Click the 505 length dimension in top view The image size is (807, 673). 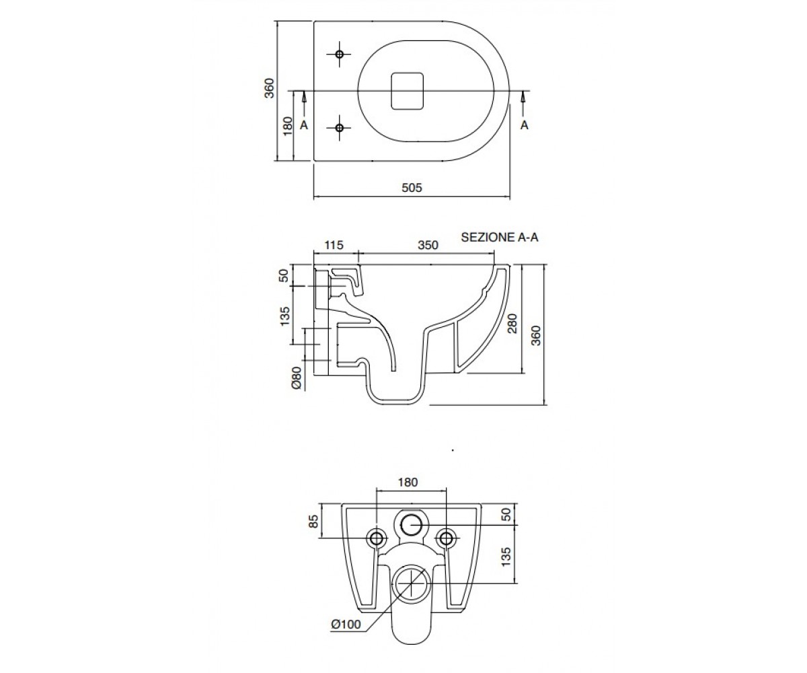(x=412, y=188)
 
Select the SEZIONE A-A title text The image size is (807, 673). (x=500, y=237)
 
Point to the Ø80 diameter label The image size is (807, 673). (x=297, y=378)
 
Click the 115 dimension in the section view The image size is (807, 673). (x=334, y=245)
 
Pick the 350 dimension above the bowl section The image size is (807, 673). (x=428, y=245)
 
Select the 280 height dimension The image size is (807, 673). (x=512, y=323)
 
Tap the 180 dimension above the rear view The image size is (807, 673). (x=408, y=483)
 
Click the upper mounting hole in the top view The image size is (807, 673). (x=339, y=54)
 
